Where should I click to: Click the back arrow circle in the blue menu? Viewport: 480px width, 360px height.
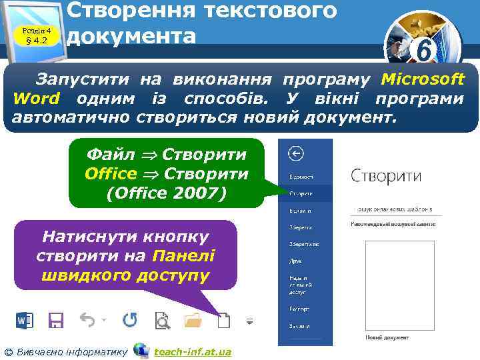295,154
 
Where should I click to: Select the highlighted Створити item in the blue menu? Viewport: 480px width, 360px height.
301,193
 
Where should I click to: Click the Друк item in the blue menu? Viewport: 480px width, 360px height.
296,263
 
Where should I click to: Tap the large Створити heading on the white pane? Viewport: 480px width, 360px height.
385,176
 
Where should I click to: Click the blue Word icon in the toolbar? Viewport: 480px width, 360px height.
25,321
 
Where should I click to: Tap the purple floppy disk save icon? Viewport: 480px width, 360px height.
55,321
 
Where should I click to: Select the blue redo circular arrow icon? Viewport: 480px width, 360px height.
129,321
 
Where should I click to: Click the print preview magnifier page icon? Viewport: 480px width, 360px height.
161,321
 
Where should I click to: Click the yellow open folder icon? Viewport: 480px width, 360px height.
193,321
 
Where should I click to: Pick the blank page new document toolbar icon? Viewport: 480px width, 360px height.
224,321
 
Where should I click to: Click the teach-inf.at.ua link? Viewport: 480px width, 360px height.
193,351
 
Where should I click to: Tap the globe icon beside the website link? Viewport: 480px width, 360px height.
141,350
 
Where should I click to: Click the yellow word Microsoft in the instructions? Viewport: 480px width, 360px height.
423,79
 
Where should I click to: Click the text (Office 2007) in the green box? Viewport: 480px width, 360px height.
167,193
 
